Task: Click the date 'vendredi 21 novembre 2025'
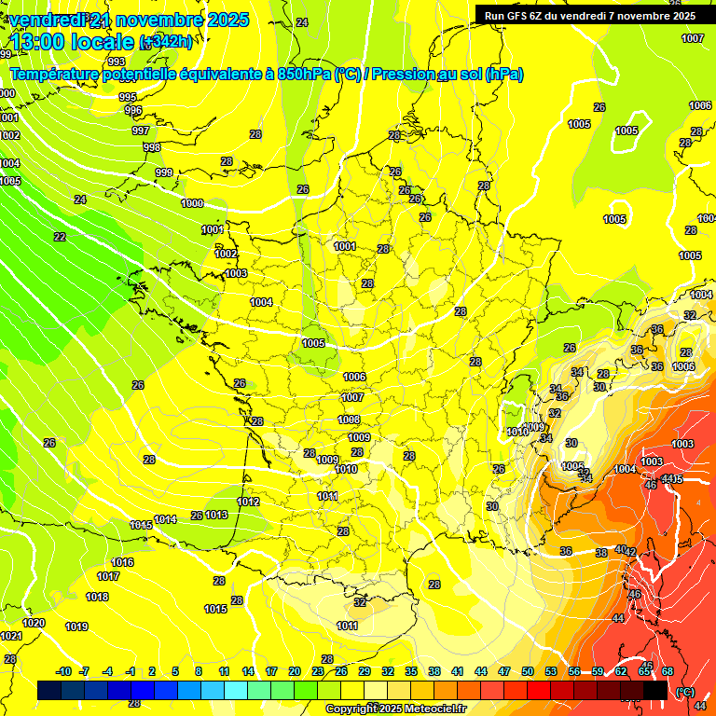pyautogui.click(x=129, y=20)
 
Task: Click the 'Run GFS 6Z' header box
pyautogui.click(x=589, y=15)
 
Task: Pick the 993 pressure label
pyautogui.click(x=117, y=88)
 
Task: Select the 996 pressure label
pyautogui.click(x=133, y=110)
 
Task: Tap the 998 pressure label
pyautogui.click(x=151, y=147)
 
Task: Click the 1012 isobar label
pyautogui.click(x=248, y=502)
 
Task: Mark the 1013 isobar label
pyautogui.click(x=216, y=515)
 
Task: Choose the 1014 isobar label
pyautogui.click(x=166, y=519)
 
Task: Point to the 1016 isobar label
pyautogui.click(x=122, y=562)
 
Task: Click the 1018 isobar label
pyautogui.click(x=97, y=597)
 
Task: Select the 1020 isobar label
pyautogui.click(x=34, y=623)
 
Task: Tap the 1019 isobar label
pyautogui.click(x=76, y=626)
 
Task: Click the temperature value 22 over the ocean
pyautogui.click(x=60, y=237)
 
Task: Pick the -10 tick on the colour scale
pyautogui.click(x=63, y=671)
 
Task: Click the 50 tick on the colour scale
pyautogui.click(x=528, y=671)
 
